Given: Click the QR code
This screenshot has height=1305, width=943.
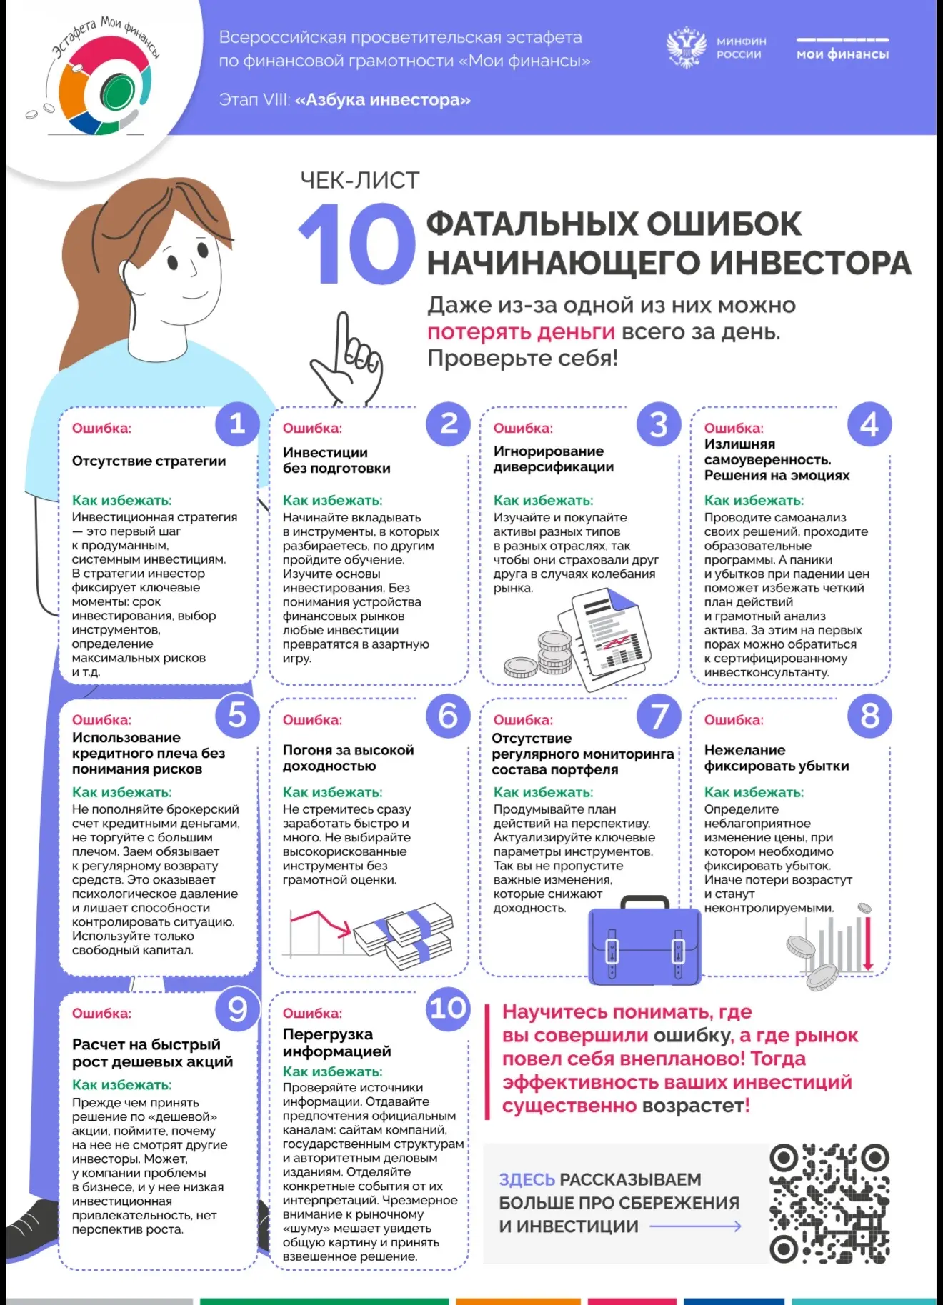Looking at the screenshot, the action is point(829,1204).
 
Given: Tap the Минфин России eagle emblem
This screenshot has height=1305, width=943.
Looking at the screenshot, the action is point(686,48).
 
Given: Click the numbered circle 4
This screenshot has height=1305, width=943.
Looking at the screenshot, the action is point(869,424).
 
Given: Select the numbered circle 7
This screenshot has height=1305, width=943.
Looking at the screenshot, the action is point(659,716).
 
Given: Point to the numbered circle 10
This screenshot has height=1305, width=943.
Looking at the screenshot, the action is point(449,1009).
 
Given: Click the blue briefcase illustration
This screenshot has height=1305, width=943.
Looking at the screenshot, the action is point(644,941).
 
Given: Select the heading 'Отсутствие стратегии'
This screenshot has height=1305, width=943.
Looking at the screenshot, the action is point(149,461).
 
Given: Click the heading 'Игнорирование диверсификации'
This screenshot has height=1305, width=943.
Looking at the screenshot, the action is point(554,459).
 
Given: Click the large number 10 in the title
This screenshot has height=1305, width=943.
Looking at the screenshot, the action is point(356,244).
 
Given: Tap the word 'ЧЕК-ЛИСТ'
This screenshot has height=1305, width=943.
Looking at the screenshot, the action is point(360,181).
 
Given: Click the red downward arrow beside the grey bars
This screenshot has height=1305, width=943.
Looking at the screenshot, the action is point(868,944).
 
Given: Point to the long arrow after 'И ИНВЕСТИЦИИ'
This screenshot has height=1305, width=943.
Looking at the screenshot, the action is point(695,1226).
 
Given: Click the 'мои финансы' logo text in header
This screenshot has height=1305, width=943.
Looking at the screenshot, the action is point(843,54).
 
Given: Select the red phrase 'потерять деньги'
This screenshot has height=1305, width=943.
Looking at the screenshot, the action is point(521,332).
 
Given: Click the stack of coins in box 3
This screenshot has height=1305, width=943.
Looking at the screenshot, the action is point(540,656).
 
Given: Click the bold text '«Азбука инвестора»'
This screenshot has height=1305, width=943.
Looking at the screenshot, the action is point(383,100).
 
